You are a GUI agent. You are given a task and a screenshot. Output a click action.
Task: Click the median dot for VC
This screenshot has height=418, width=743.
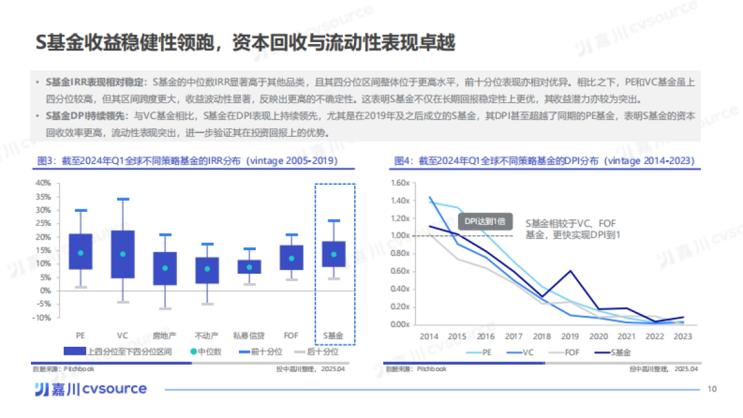pyautogui.click(x=123, y=254)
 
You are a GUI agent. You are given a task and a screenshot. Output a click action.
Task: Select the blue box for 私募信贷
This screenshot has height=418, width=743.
pyautogui.click(x=249, y=266)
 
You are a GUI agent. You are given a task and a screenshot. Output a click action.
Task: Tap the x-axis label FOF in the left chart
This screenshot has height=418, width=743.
pyautogui.click(x=291, y=335)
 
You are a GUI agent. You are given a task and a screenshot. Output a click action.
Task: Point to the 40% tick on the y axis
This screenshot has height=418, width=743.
pyautogui.click(x=43, y=183)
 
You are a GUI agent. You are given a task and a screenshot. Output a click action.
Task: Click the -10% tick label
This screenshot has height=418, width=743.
pyautogui.click(x=42, y=318)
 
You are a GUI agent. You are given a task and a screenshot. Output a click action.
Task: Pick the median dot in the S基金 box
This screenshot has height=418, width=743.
pyautogui.click(x=334, y=254)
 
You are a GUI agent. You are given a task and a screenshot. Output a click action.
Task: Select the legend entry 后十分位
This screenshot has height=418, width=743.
pyautogui.click(x=322, y=352)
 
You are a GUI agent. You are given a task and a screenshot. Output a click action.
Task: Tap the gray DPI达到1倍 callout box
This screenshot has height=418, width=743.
pyautogui.click(x=485, y=222)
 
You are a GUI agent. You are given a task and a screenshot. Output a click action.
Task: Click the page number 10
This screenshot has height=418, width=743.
pyautogui.click(x=711, y=389)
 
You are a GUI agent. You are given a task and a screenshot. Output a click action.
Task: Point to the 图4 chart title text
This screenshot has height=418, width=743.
pyautogui.click(x=544, y=161)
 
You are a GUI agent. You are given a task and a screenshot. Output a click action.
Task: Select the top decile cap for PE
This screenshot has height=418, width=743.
pyautogui.click(x=80, y=211)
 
